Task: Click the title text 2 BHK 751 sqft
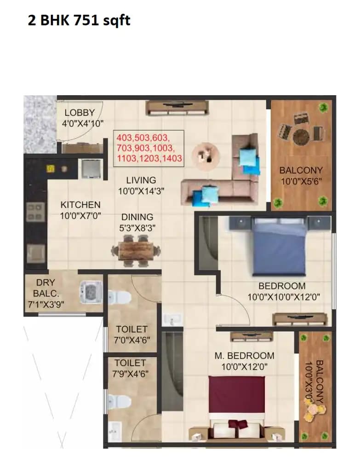79,21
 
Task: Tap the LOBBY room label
80,113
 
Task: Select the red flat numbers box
149,148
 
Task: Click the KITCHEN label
80,205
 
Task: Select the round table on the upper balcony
302,136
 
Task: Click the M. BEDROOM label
244,356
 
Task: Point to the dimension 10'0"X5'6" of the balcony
301,181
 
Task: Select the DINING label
137,217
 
